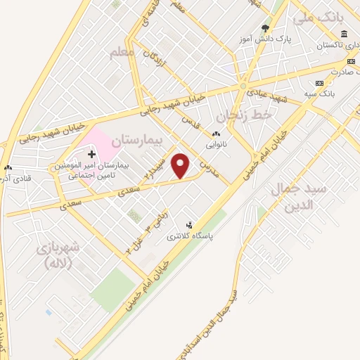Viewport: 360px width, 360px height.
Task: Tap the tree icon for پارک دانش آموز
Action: coord(265,29)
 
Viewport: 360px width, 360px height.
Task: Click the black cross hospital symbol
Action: coord(91,153)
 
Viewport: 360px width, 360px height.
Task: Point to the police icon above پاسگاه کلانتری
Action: coord(188,224)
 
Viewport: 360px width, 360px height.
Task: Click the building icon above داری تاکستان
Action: coord(344,34)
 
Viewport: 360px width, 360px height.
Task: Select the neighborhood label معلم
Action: coord(121,53)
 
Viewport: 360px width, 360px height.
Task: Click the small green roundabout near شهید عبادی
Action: coord(243,88)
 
